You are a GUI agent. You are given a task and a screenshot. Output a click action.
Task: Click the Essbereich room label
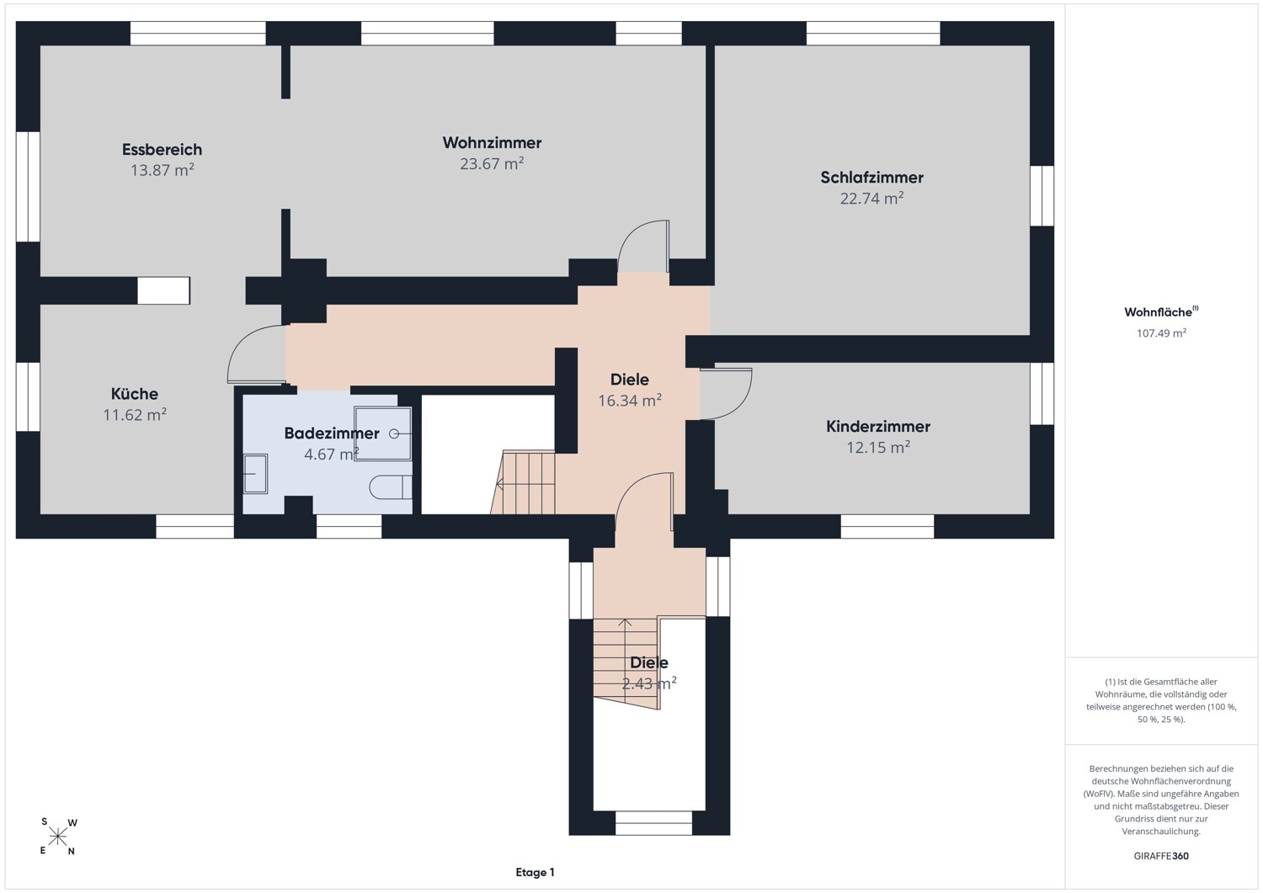point(162,150)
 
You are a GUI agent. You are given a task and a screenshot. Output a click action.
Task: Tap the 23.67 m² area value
point(492,163)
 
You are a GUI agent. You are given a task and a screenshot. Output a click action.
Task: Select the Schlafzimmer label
point(871,178)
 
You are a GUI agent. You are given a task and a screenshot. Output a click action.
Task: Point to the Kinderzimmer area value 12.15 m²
point(878,447)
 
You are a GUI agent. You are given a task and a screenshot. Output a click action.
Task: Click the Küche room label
point(134,394)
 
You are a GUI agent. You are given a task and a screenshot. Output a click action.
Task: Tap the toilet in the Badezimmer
point(391,487)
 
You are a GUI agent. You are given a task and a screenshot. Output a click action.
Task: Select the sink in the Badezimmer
point(255,474)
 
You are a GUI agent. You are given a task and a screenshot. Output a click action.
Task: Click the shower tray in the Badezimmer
point(383,433)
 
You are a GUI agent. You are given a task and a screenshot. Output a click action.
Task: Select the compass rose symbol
point(57,837)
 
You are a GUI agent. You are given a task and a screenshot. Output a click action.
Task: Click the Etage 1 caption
point(535,872)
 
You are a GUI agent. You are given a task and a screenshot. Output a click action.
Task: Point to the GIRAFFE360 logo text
point(1161,856)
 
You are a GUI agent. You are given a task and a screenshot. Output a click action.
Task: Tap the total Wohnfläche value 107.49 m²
point(1161,333)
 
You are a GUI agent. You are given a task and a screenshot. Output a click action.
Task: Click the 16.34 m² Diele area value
point(629,401)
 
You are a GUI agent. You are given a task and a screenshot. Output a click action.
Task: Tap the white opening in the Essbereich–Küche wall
point(163,290)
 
